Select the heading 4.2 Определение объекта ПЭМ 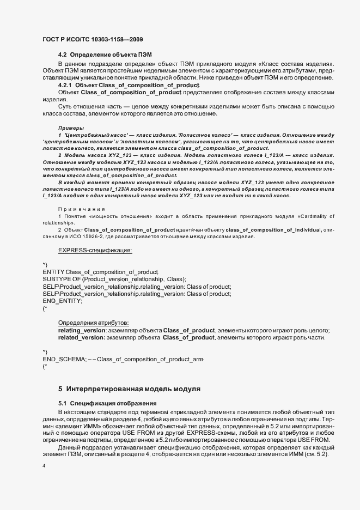(105, 56)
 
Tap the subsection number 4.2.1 (65, 86)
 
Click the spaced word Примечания (81, 209)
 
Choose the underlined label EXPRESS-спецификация (95, 251)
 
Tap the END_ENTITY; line (62, 301)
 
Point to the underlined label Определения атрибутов (93, 323)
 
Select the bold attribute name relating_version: (81, 331)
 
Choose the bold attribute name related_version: (81, 338)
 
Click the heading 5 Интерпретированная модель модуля (129, 389)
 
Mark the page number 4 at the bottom (44, 466)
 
